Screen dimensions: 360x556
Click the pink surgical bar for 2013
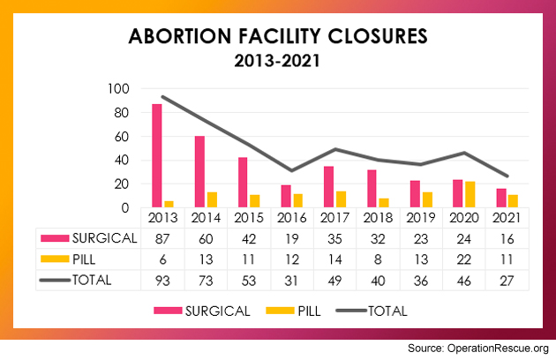(x=157, y=156)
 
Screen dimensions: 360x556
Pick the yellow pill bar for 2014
(x=212, y=199)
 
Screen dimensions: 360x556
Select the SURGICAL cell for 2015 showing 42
(x=248, y=237)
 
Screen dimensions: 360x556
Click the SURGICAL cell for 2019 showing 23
(x=421, y=237)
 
